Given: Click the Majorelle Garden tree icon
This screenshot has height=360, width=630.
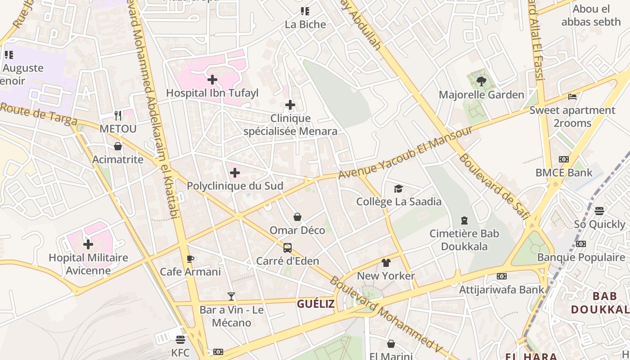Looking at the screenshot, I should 481,81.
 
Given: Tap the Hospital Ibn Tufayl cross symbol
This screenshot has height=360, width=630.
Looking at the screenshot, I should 212,80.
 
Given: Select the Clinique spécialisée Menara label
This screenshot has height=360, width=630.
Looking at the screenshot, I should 290,125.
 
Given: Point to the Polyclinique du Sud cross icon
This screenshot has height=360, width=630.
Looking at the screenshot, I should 234,173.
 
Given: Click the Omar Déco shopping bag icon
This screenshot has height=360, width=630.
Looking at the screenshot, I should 297,217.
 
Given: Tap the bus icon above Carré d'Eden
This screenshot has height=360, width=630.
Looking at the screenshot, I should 287,248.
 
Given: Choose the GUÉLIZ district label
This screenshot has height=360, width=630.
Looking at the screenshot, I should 315,304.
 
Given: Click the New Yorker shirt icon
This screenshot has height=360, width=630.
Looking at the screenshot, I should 386,263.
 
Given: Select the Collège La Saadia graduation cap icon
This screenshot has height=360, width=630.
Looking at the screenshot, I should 398,189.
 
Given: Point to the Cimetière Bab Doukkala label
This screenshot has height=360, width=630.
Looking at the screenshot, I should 464,240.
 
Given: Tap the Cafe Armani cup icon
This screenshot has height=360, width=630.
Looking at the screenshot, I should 190,259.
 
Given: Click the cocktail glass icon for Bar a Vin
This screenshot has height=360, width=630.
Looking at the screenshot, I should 231,297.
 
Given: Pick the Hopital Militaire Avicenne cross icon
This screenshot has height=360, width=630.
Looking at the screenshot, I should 88,244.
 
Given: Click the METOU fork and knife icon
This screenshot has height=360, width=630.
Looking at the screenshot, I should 118,116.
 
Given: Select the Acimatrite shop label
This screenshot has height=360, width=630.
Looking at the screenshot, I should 118,159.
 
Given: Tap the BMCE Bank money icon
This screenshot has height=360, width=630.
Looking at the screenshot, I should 563,159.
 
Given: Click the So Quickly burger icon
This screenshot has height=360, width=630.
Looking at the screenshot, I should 599,211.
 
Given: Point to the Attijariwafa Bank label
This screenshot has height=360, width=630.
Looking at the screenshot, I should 501,289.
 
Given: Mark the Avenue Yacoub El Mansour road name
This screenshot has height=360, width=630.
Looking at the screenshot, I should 405,152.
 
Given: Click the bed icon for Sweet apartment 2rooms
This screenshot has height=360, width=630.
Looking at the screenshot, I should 572,97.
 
